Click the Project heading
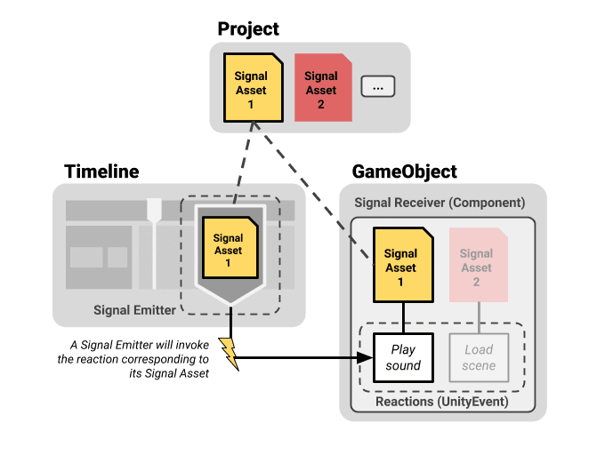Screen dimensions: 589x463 click(x=248, y=29)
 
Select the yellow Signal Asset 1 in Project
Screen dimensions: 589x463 click(x=254, y=88)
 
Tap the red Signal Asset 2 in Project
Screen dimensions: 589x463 click(x=323, y=88)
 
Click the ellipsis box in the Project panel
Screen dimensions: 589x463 click(x=378, y=86)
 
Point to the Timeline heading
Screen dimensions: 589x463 click(x=101, y=172)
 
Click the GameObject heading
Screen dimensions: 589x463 click(x=405, y=172)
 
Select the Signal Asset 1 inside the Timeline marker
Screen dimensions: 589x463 click(x=230, y=248)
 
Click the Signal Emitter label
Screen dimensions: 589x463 click(x=134, y=310)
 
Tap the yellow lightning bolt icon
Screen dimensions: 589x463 click(x=230, y=354)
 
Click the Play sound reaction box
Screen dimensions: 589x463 click(x=403, y=357)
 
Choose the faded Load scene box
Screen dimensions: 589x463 click(x=479, y=357)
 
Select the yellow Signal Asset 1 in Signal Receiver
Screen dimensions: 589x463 click(x=403, y=265)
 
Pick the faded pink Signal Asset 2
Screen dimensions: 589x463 click(x=479, y=265)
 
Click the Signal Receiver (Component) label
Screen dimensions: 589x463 click(x=440, y=203)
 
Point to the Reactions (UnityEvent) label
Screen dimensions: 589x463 click(x=442, y=402)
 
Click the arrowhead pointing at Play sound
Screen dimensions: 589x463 click(x=365, y=357)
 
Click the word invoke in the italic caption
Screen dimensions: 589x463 click(x=192, y=345)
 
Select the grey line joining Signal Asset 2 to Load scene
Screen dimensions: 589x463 click(x=479, y=318)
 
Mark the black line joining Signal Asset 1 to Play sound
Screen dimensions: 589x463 click(x=403, y=318)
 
